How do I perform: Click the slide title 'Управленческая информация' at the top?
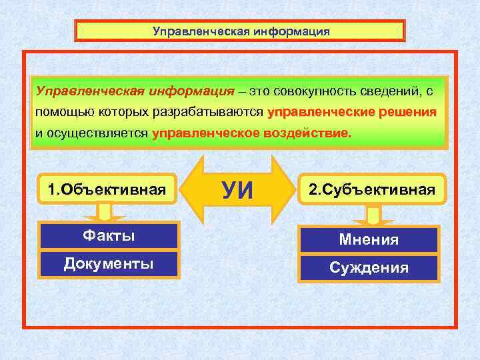240,31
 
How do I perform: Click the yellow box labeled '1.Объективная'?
107,190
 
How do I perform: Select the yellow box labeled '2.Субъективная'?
371,190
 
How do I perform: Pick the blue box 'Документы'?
108,263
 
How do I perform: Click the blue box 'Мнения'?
369,239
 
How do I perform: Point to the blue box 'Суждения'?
369,268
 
